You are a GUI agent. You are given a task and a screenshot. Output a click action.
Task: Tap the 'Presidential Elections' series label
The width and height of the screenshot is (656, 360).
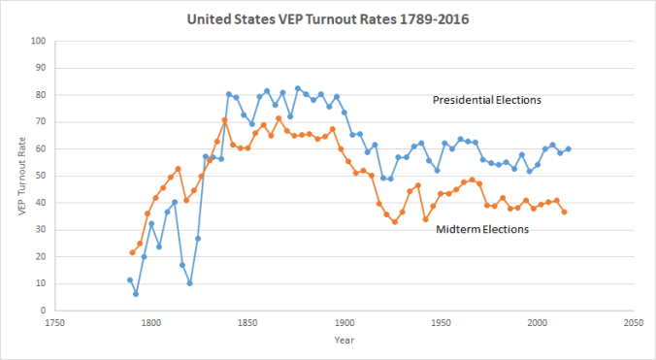pos(487,99)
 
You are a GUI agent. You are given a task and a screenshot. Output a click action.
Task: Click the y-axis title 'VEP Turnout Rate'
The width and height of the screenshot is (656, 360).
pos(22,176)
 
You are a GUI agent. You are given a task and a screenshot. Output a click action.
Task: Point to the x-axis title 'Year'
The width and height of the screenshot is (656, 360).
pos(344,341)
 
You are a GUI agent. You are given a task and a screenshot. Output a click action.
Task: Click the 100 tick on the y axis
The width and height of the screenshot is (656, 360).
pos(38,41)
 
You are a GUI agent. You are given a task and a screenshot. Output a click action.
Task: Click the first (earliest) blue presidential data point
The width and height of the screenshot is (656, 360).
pos(129,279)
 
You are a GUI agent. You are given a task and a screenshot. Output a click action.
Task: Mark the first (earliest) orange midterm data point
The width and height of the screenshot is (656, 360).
pos(133,252)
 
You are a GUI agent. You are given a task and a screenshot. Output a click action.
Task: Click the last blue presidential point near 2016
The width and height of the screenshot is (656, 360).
pos(568,148)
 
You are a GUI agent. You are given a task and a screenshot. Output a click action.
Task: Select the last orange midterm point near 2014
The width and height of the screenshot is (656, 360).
pos(564,212)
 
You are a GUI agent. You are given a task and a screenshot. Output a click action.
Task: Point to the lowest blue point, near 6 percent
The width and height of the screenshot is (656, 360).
pos(136,294)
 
